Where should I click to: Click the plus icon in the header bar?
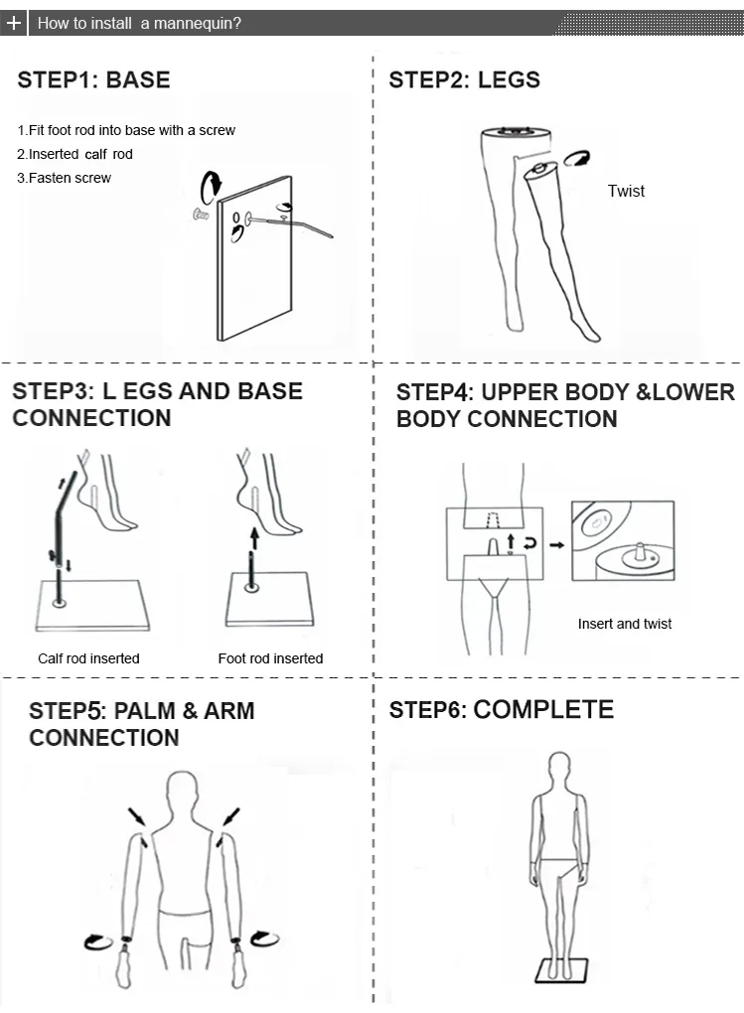click(x=13, y=23)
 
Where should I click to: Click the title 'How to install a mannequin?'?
click(x=139, y=23)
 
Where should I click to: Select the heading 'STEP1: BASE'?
click(x=93, y=80)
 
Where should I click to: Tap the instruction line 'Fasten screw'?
click(x=65, y=178)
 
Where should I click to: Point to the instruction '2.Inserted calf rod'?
click(x=74, y=154)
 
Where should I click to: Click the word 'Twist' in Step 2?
click(x=626, y=191)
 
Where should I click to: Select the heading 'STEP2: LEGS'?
click(x=464, y=80)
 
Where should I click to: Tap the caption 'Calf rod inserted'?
click(x=88, y=657)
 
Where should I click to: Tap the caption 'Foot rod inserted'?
click(x=270, y=657)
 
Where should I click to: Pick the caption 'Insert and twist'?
click(x=625, y=624)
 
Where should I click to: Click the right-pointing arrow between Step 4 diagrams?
click(x=556, y=544)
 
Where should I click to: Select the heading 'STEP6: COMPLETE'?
click(x=501, y=709)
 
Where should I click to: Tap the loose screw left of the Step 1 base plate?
click(x=200, y=213)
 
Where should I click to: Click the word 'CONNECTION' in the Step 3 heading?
click(x=91, y=418)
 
